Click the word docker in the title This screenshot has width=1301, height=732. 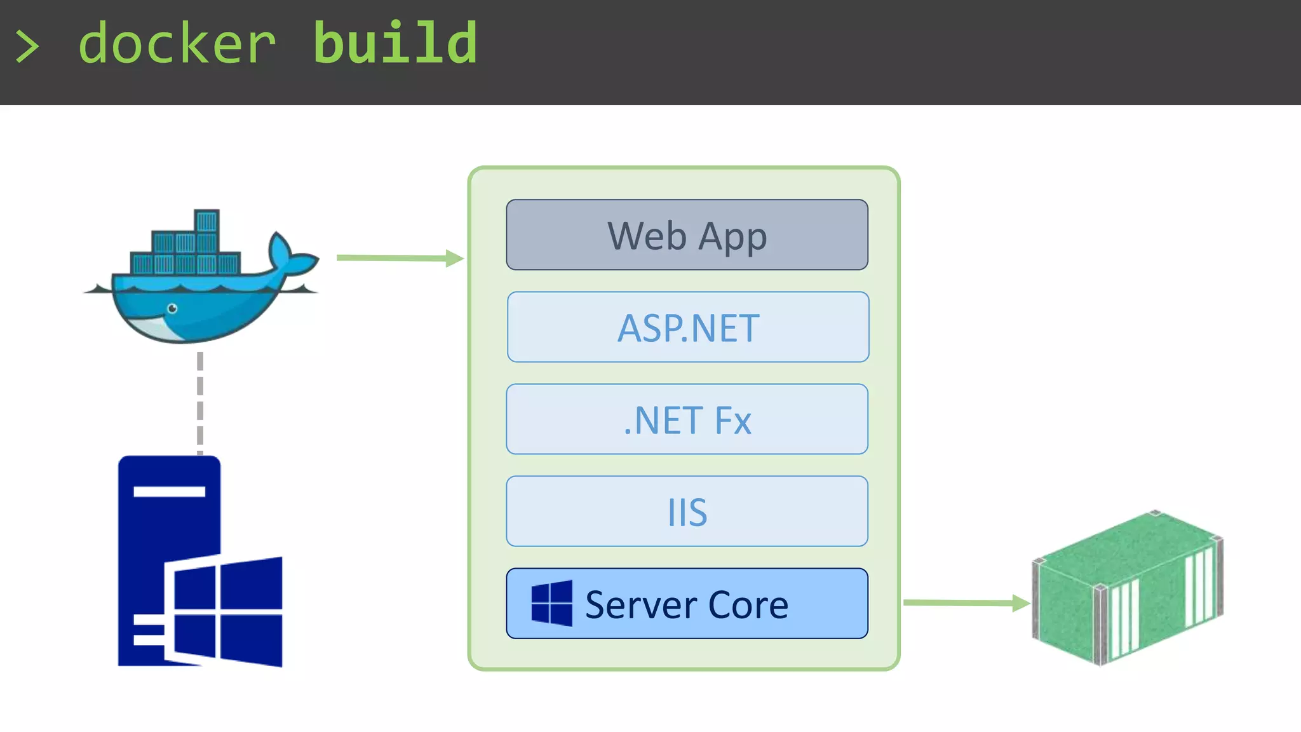coord(177,44)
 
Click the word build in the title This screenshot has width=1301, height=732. coord(395,44)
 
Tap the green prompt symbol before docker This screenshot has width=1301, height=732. coord(27,46)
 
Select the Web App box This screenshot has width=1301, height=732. coord(687,235)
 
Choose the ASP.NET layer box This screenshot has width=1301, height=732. coord(687,327)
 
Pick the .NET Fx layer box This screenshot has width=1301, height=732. coord(687,419)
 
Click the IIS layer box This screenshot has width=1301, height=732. coord(687,512)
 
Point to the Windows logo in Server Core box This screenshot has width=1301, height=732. coord(551,603)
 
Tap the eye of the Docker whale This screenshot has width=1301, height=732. coord(172,309)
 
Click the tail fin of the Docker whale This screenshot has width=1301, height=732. coord(289,254)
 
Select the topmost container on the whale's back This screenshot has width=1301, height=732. coord(206,222)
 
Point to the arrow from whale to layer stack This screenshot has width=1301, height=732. coord(400,258)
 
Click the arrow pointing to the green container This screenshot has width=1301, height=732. coord(966,602)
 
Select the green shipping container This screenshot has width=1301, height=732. coord(1128,588)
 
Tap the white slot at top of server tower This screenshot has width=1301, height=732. coord(169,491)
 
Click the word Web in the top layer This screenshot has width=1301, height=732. coord(647,236)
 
